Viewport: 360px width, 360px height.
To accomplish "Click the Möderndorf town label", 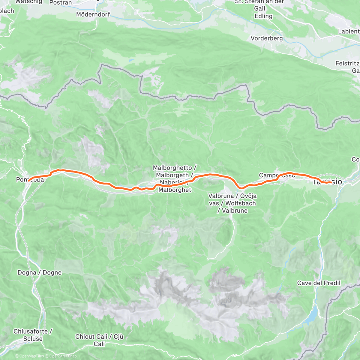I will coord(93,14).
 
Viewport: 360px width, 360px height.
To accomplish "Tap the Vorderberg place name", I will coord(266,38).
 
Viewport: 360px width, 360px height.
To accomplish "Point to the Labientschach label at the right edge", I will coord(349,31).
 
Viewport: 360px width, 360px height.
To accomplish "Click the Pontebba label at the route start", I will coord(30,180).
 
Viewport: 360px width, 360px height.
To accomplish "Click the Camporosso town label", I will coord(277,175).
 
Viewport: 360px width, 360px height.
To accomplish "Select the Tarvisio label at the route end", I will coord(327,182).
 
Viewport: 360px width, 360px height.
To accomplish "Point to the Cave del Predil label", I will coord(319,283).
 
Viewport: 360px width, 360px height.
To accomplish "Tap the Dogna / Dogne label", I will coord(40,273).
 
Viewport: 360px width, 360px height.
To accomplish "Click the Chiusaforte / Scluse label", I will coord(33,335).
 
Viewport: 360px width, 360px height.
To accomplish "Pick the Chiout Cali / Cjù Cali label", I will coord(99,340).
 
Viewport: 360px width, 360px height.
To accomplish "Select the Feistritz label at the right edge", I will coord(347,64).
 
